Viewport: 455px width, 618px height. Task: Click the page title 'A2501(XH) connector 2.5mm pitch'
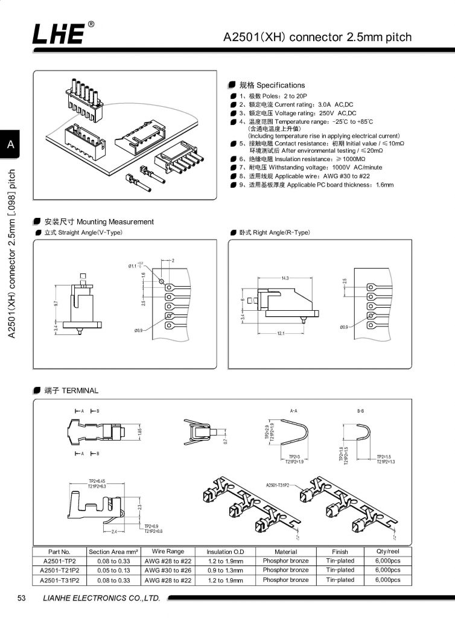pos(317,37)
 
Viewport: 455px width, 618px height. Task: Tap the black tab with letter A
pos(10,145)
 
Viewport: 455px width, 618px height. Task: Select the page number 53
pos(22,598)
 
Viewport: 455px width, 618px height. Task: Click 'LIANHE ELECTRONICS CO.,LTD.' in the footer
pos(101,598)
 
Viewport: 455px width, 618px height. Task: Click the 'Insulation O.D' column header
pos(225,552)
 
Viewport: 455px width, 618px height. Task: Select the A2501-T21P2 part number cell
pos(60,570)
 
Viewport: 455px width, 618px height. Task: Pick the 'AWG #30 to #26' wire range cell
pos(168,570)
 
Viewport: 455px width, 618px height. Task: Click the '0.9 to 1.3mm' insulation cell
pos(225,570)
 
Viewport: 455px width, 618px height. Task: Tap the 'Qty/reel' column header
pos(387,552)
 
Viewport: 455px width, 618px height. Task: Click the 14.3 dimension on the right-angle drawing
pos(285,278)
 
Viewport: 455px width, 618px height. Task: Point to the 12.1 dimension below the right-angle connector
pos(281,334)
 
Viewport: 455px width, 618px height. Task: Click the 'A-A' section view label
pos(295,410)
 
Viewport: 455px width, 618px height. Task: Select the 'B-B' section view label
pos(361,410)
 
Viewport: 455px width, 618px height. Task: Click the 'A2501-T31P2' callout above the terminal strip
pos(278,485)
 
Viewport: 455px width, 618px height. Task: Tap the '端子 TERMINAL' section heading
pos(71,390)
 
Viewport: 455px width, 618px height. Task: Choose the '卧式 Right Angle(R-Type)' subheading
pos(274,232)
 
